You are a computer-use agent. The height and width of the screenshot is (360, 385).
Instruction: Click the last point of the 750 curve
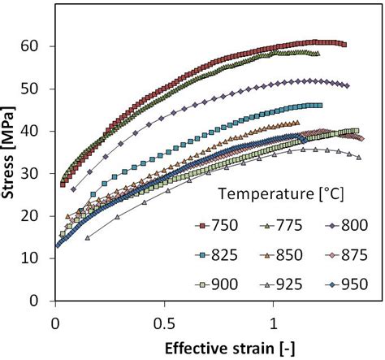344,45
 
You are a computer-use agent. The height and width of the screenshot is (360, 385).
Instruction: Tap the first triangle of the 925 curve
88,237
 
